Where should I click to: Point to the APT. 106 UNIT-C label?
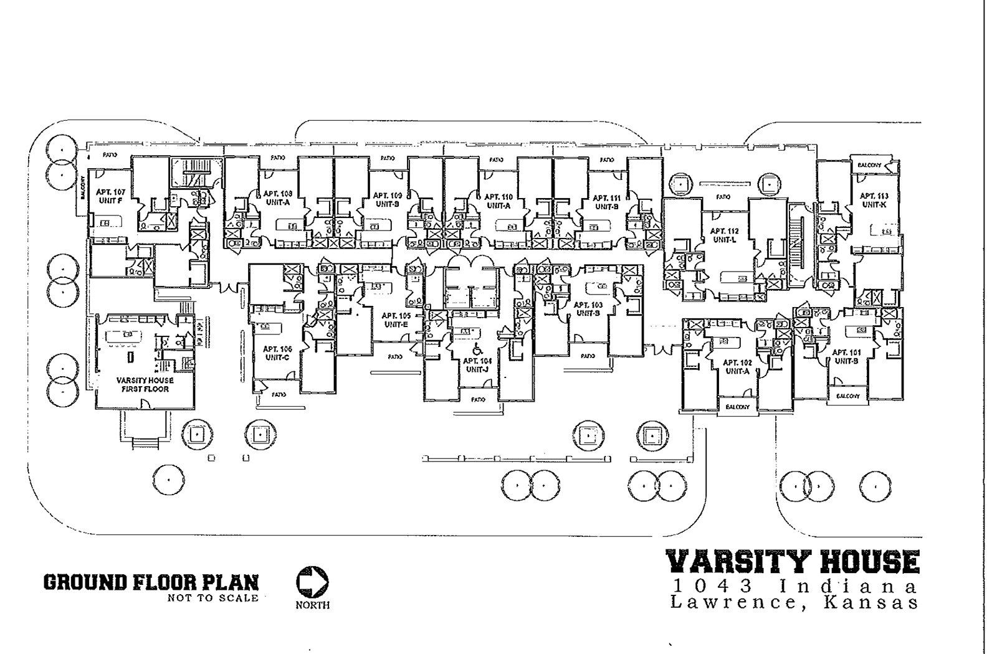point(277,353)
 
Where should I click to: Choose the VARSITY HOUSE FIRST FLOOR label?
point(145,384)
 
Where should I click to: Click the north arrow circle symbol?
point(312,582)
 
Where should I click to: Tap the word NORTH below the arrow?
point(313,605)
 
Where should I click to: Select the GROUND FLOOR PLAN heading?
point(151,582)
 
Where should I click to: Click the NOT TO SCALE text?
point(212,599)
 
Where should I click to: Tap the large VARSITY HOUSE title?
point(793,561)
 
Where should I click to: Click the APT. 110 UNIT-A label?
point(498,200)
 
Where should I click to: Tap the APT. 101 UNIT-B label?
point(846,356)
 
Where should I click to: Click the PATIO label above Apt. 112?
point(723,197)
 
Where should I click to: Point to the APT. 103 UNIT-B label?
point(588,308)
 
